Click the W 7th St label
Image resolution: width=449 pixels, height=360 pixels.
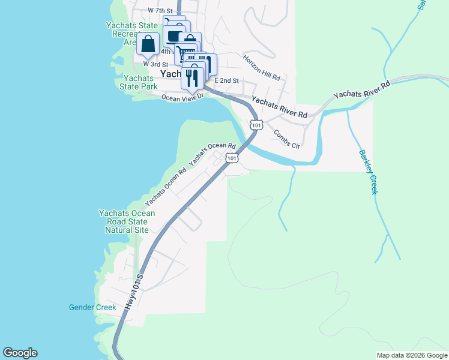[160, 11]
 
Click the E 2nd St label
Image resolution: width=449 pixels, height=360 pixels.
[227, 80]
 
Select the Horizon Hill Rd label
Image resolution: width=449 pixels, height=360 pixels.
[262, 68]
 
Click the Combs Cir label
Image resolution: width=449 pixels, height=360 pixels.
[286, 139]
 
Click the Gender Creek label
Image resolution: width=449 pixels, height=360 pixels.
[92, 308]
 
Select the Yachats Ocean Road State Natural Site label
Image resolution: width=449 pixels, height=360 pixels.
[127, 221]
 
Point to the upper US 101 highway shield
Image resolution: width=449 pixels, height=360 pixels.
[256, 125]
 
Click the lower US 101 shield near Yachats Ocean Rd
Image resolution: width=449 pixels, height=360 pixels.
[231, 158]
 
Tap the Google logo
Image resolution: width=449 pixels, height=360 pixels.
[20, 353]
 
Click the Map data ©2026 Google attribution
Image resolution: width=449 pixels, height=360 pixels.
[411, 355]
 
